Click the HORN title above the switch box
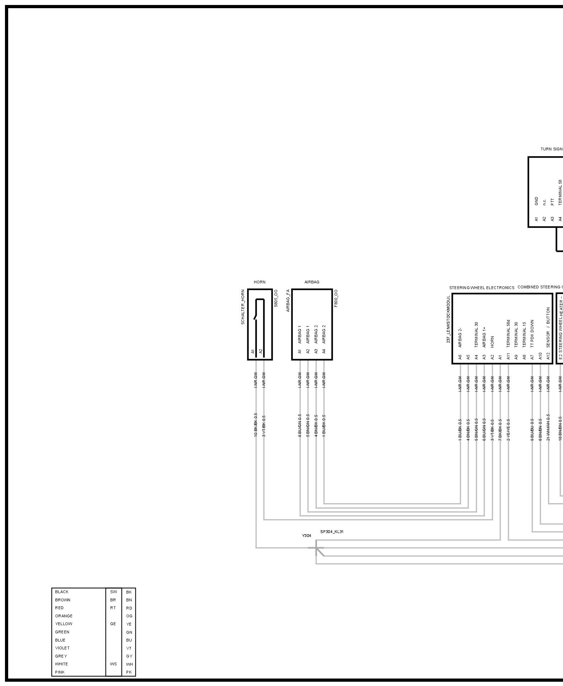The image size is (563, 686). (259, 282)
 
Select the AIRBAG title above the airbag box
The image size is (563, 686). (312, 282)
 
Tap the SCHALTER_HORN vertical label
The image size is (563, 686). (243, 307)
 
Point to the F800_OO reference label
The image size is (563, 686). (336, 298)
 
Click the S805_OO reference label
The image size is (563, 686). (276, 298)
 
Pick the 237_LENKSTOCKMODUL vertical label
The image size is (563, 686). (449, 319)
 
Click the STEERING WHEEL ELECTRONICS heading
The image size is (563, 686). (482, 288)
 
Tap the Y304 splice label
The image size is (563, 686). (306, 536)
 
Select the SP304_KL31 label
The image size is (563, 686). (332, 532)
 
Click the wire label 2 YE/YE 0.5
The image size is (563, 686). (509, 430)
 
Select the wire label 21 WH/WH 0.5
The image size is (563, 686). (548, 427)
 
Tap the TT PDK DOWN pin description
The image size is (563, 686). (532, 333)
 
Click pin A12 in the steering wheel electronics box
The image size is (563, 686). (548, 356)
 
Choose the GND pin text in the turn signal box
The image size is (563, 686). (536, 201)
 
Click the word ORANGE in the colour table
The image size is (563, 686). (64, 616)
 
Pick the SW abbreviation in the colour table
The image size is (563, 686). (113, 592)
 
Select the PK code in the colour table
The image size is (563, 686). (129, 672)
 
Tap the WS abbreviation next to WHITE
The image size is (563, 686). (113, 664)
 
